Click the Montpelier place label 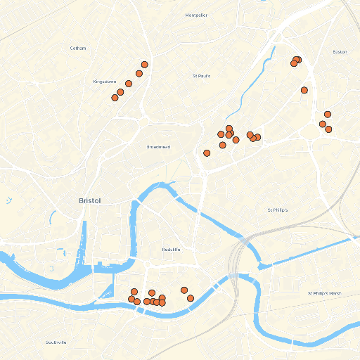(197, 15)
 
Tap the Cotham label (78, 48)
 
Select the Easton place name (340, 51)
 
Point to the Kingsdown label (104, 82)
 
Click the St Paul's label (202, 75)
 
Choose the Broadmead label (158, 147)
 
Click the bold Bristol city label (90, 200)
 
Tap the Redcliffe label (172, 250)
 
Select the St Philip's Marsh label (324, 292)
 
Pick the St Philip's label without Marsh (278, 210)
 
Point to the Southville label (56, 342)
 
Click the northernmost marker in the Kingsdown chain (144, 65)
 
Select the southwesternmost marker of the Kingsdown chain (115, 98)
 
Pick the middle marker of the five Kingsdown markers (129, 84)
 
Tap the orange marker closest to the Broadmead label (207, 153)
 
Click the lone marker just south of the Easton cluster (304, 90)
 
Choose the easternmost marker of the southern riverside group (191, 298)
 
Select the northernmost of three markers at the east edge (327, 114)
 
